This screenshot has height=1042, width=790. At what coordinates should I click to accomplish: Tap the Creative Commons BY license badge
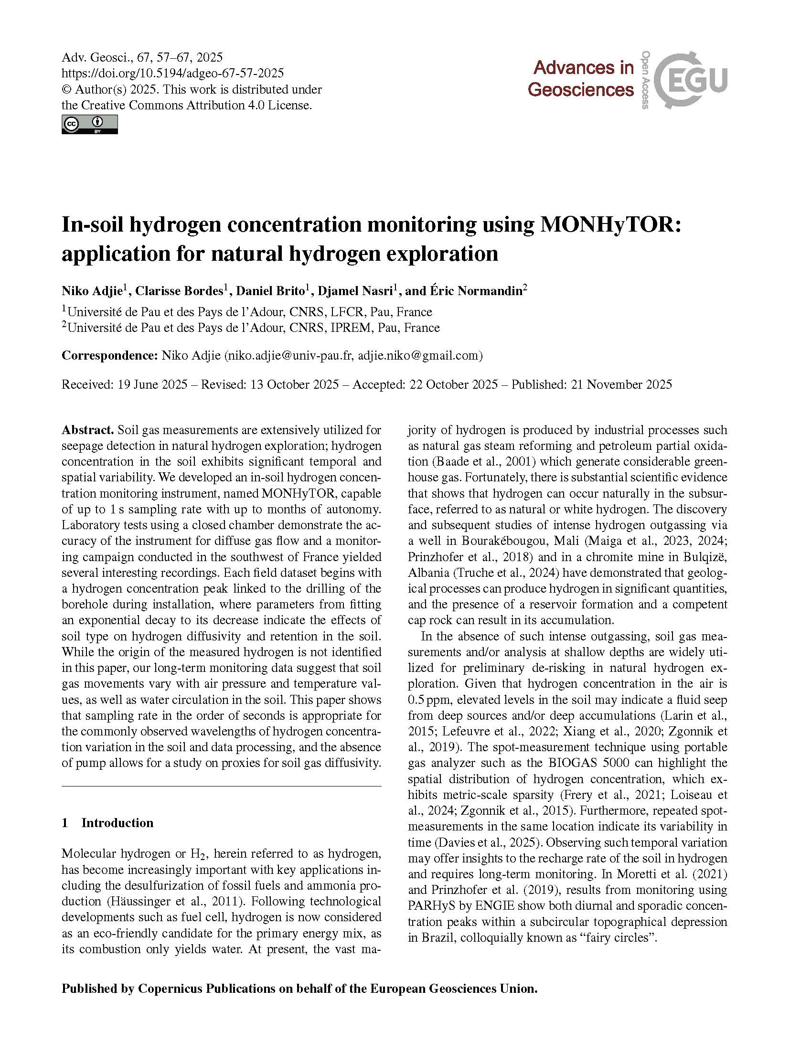89,124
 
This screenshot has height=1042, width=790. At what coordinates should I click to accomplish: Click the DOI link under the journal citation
173,73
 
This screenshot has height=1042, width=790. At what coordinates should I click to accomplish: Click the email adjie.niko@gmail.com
418,355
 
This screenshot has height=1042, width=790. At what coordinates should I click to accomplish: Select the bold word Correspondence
109,355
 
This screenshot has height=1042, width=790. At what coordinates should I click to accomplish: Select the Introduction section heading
117,822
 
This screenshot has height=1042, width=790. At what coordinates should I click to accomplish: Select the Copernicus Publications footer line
299,988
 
